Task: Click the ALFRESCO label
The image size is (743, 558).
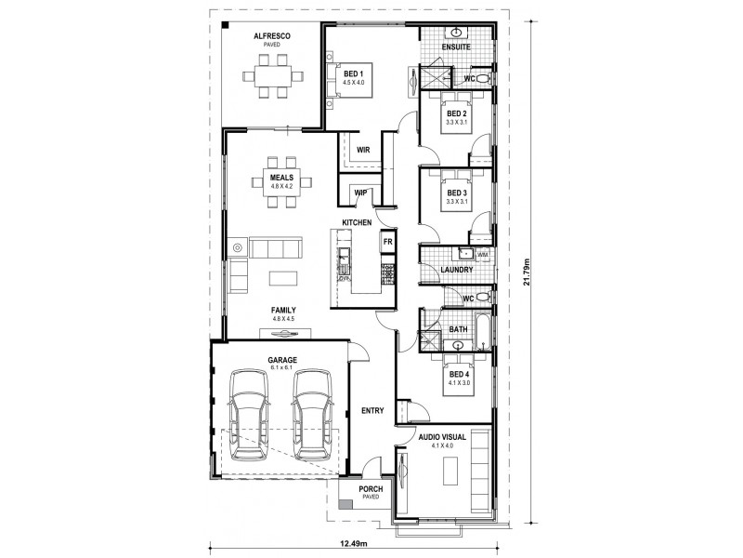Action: coord(273,35)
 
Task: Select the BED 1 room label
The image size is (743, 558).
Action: coord(354,73)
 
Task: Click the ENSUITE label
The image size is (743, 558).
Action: coord(456,46)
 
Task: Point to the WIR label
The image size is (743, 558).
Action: coord(364,147)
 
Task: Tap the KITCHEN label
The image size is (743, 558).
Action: coord(357,223)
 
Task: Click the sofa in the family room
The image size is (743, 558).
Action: coord(274,247)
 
